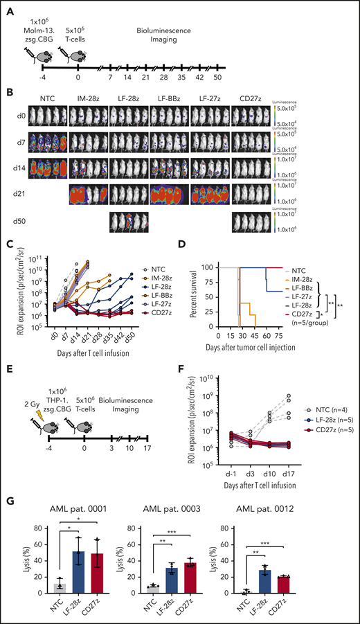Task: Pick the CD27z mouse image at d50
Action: tap(251, 224)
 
